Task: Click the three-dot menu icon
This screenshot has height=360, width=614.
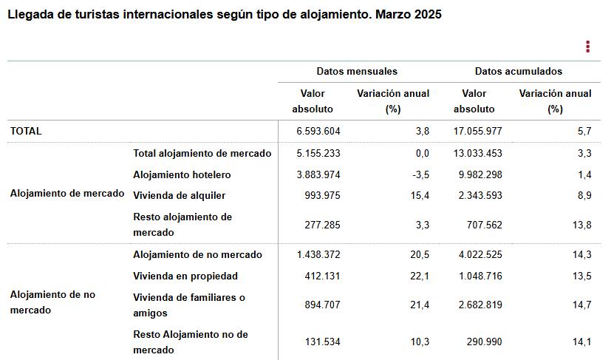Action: [587, 47]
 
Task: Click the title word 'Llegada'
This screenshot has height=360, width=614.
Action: [30, 15]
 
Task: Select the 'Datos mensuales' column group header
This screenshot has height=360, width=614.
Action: [357, 72]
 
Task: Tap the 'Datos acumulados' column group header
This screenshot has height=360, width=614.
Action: [518, 72]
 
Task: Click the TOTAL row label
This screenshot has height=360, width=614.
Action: [26, 131]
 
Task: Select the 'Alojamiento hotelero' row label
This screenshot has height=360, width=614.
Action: [182, 175]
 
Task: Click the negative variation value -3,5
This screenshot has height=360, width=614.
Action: [419, 175]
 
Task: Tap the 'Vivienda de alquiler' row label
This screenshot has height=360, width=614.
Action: [179, 196]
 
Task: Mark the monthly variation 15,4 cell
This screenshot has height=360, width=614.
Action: [420, 196]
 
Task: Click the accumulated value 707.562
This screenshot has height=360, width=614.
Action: [483, 224]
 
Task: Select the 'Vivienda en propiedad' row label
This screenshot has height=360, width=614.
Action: [185, 276]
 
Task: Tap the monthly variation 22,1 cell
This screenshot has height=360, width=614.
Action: [420, 276]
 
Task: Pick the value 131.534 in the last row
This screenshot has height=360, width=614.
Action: [322, 342]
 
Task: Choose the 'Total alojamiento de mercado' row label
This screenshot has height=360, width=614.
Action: [202, 154]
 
